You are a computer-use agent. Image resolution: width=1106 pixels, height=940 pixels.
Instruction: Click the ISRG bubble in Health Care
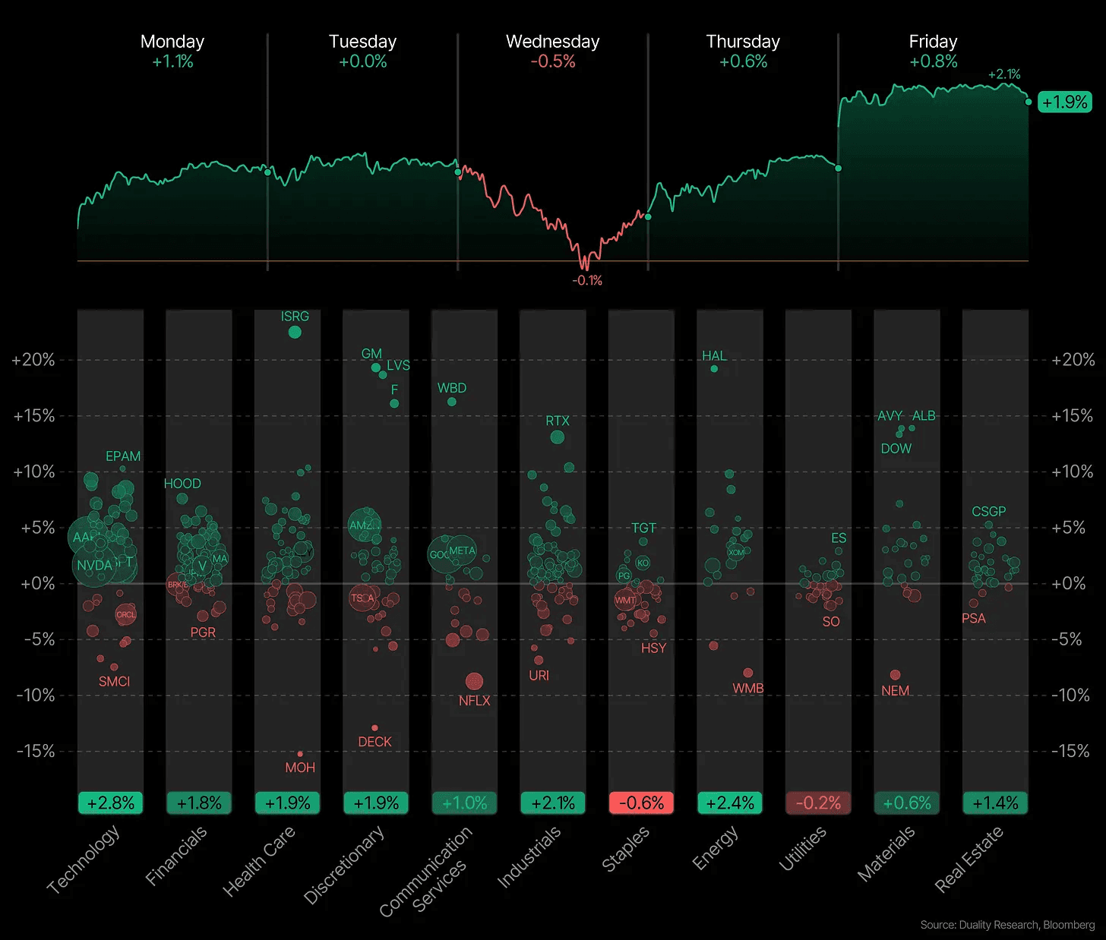click(295, 332)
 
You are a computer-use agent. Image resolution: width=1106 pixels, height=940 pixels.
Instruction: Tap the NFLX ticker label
click(474, 701)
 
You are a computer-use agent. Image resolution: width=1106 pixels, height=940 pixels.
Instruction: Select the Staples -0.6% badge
click(641, 803)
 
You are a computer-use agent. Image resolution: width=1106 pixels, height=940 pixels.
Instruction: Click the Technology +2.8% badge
click(111, 803)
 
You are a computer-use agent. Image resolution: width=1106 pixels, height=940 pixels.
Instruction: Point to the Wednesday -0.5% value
click(553, 62)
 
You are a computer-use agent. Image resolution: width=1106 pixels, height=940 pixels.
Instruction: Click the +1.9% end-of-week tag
click(1064, 102)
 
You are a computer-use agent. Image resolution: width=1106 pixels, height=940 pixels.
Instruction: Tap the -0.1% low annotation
click(587, 281)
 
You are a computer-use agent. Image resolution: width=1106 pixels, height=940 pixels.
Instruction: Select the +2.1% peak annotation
click(1004, 74)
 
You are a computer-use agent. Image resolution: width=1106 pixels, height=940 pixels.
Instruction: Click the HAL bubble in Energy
click(714, 369)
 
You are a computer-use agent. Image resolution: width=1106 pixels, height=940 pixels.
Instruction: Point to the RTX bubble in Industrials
click(557, 437)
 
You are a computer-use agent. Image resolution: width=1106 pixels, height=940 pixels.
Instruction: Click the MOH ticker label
click(300, 768)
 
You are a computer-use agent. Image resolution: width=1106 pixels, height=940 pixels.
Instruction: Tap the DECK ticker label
click(374, 742)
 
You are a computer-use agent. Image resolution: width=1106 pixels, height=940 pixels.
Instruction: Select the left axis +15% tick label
click(34, 416)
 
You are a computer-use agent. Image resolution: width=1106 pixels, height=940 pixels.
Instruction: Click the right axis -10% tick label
click(1072, 696)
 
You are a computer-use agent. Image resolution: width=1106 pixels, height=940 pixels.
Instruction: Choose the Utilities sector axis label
click(803, 850)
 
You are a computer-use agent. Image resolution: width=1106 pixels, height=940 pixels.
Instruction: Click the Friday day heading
click(933, 42)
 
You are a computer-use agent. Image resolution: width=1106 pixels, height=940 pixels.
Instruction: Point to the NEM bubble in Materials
click(895, 675)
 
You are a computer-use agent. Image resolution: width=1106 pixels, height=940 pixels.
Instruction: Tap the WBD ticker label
click(452, 388)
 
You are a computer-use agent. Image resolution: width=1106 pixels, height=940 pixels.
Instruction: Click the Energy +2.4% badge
click(730, 803)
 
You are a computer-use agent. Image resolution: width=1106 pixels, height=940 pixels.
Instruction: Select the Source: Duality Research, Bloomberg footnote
click(1007, 925)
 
